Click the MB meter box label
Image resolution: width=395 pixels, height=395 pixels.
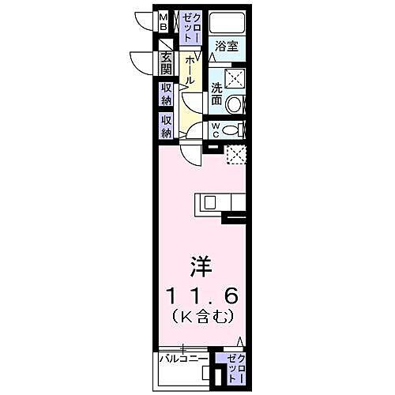coord(164,21)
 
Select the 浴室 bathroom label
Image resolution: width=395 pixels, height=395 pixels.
coord(227,47)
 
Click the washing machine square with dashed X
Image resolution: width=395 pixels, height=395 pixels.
coord(235,77)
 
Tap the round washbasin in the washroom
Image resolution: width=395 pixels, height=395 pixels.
coord(235,104)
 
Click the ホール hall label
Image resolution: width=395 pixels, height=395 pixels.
coord(190,72)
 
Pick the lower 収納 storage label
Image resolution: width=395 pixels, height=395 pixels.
coord(166,126)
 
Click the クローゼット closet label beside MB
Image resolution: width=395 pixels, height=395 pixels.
coord(191,28)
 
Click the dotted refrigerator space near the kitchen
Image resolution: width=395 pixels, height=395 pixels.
coord(237,154)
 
